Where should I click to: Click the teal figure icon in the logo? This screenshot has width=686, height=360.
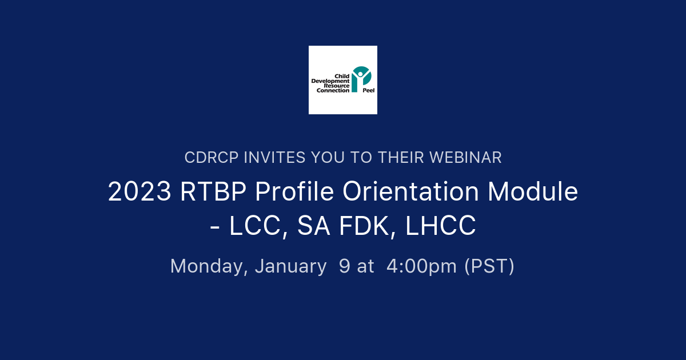(361, 79)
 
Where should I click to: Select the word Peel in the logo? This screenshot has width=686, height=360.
(369, 90)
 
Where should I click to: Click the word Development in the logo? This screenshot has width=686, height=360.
(330, 81)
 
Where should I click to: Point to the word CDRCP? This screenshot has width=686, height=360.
(212, 158)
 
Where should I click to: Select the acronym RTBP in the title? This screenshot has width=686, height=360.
(213, 193)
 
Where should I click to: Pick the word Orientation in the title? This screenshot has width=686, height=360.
(411, 193)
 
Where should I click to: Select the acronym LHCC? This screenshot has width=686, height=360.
(441, 227)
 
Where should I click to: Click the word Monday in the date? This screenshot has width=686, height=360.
(209, 266)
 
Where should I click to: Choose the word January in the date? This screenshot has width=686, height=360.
(291, 266)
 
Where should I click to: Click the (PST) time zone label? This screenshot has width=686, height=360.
(489, 266)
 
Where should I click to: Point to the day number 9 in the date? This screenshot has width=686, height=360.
(345, 266)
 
